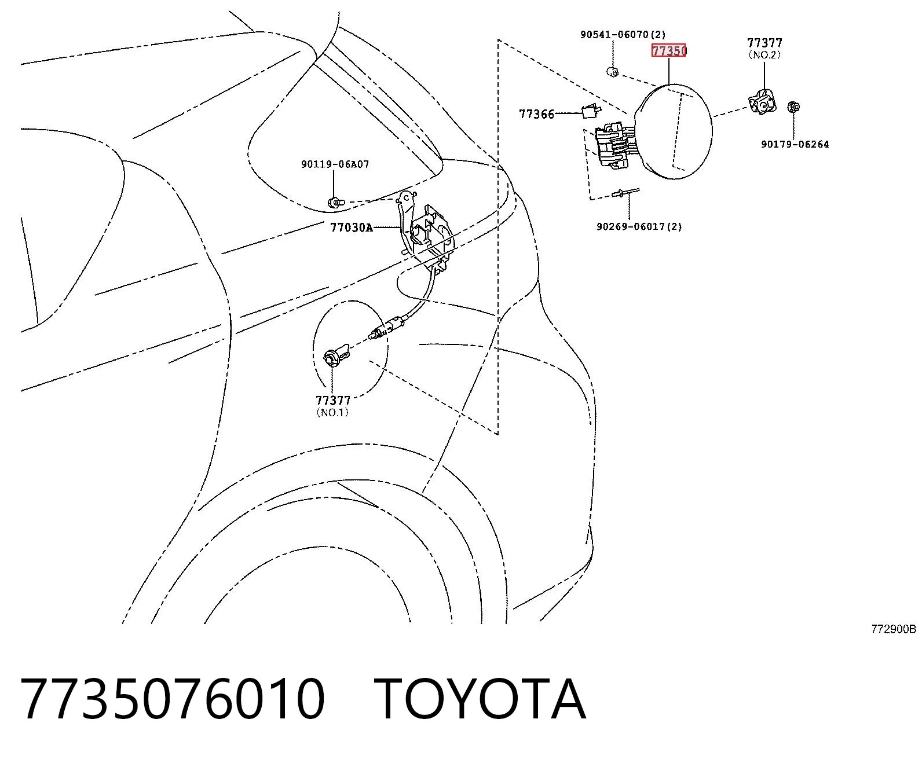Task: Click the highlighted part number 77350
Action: point(668,51)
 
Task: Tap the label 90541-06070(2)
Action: point(623,34)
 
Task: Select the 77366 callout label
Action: point(536,115)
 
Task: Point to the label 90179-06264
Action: point(795,144)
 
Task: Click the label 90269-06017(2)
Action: point(639,227)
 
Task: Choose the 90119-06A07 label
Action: point(335,164)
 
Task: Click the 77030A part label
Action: point(352,228)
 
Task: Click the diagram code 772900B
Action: point(894,629)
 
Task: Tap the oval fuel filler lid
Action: point(673,131)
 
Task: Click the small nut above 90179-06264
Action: point(793,107)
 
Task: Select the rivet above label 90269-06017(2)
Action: point(625,192)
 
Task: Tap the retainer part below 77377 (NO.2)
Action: point(762,102)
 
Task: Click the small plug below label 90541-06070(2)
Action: point(613,72)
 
